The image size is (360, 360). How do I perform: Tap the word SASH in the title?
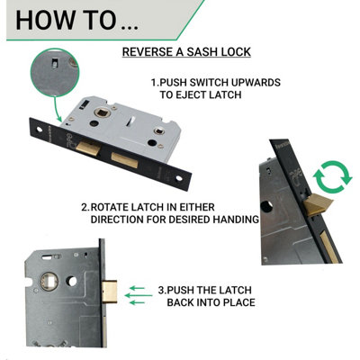tap(205, 51)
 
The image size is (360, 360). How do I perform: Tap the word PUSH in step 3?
tap(181, 291)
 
